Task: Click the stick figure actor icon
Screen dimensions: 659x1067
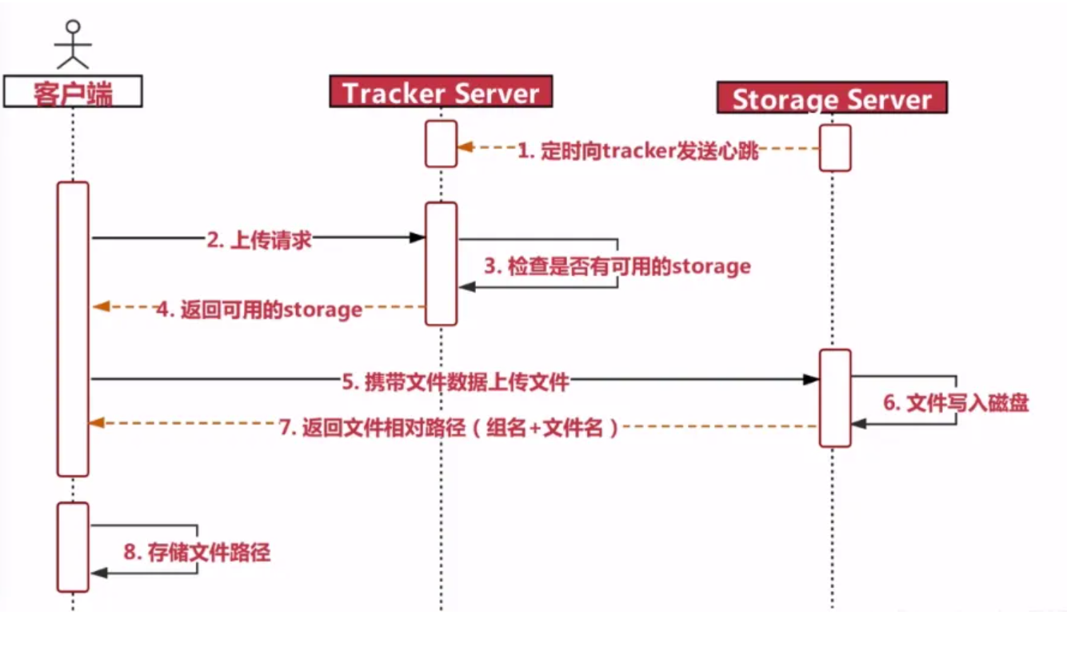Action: click(x=73, y=44)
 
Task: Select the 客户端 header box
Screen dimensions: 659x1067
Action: click(x=73, y=92)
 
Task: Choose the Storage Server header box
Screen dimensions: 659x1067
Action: click(x=832, y=98)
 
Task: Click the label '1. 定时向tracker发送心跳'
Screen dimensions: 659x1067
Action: click(x=637, y=150)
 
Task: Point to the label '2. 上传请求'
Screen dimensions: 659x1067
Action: click(x=259, y=240)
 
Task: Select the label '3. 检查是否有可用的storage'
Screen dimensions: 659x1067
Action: click(x=617, y=266)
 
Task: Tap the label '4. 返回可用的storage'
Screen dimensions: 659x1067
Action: click(x=259, y=309)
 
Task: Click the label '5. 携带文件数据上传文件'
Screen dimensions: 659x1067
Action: click(x=456, y=381)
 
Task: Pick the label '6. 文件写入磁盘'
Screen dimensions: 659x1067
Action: click(x=956, y=402)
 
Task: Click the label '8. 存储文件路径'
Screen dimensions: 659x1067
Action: click(x=197, y=552)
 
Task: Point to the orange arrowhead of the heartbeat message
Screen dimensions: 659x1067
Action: click(x=465, y=147)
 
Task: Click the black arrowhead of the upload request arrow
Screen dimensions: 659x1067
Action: click(x=417, y=238)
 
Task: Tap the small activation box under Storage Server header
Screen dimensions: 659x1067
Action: click(x=835, y=147)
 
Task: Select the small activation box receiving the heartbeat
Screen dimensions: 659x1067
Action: click(x=441, y=144)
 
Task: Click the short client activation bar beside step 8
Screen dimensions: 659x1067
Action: click(x=72, y=547)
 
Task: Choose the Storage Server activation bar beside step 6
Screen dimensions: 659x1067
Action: click(x=835, y=397)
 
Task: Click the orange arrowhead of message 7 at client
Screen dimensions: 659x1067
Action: click(x=97, y=423)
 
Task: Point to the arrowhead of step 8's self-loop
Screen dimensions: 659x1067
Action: click(x=98, y=573)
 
